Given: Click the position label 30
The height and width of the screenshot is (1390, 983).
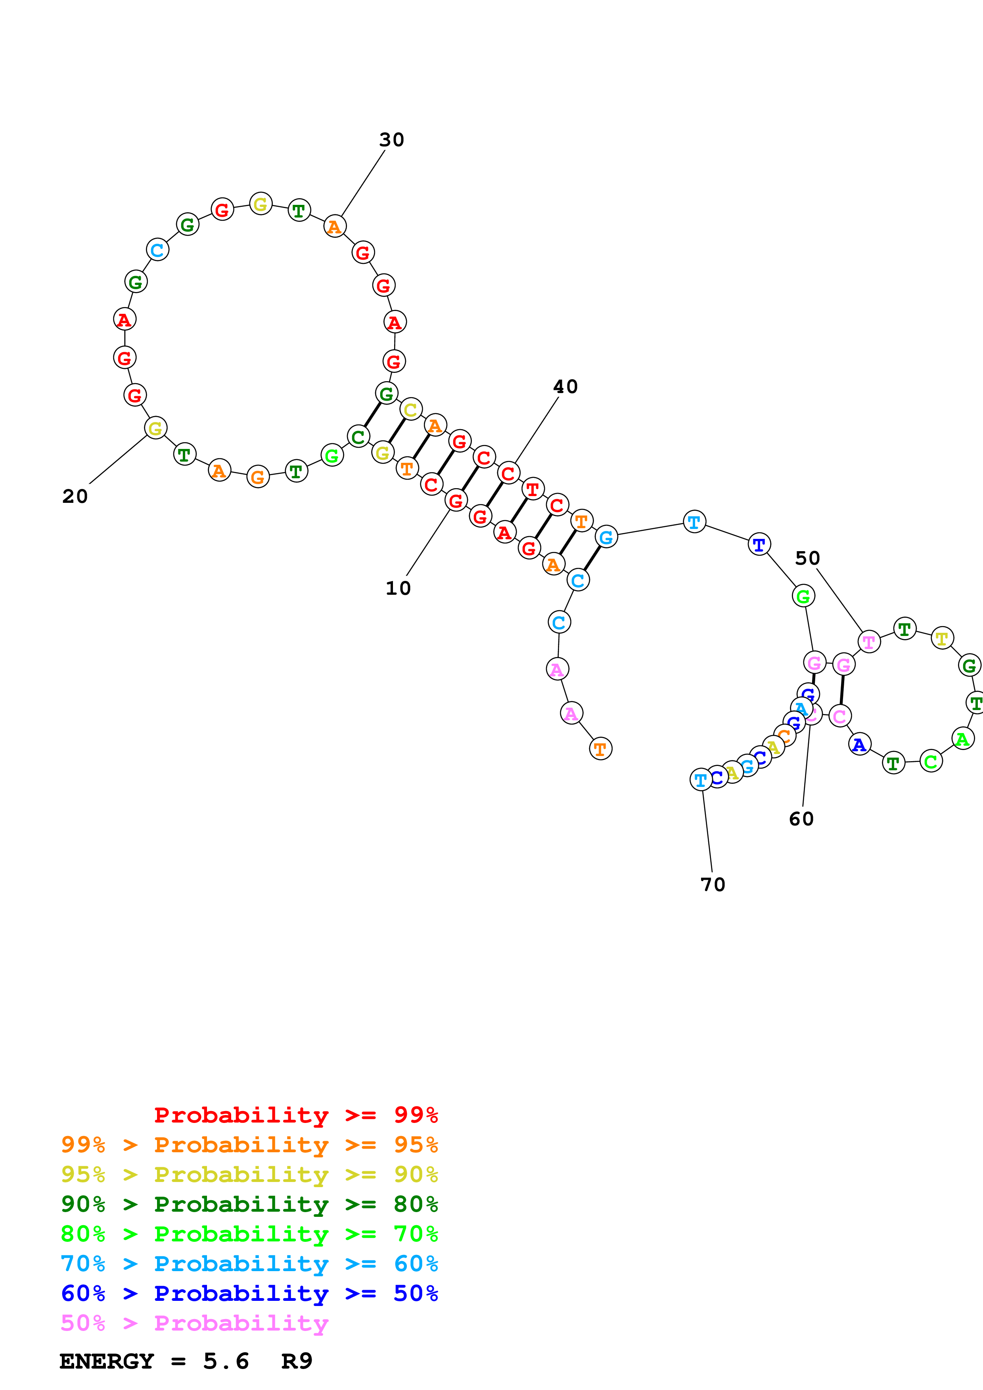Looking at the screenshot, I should point(391,140).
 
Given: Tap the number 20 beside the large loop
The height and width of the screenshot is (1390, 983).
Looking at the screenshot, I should point(75,496).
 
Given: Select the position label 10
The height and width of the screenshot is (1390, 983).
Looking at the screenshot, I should point(398,588).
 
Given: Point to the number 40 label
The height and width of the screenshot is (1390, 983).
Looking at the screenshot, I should point(565,386).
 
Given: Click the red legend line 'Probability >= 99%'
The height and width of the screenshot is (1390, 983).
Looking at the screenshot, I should point(295,1115).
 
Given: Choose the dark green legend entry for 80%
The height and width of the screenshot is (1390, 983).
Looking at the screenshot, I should point(249,1204).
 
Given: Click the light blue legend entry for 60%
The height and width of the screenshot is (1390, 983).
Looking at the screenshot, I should point(249,1264).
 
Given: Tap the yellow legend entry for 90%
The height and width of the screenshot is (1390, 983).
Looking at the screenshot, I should point(249,1174).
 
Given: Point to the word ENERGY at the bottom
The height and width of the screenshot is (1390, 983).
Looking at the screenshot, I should point(107,1361).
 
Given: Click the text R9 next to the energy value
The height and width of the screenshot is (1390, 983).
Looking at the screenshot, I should point(296,1361).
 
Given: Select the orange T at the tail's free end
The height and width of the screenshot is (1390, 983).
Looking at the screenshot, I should point(600,749).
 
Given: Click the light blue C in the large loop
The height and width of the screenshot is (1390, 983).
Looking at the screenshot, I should point(157,249).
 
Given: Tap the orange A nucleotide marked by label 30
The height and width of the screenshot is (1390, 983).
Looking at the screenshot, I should point(334,226).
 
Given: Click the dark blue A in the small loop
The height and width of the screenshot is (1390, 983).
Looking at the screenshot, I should point(859,744).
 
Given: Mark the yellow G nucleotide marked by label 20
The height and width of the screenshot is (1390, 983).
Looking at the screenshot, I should point(156,428).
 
